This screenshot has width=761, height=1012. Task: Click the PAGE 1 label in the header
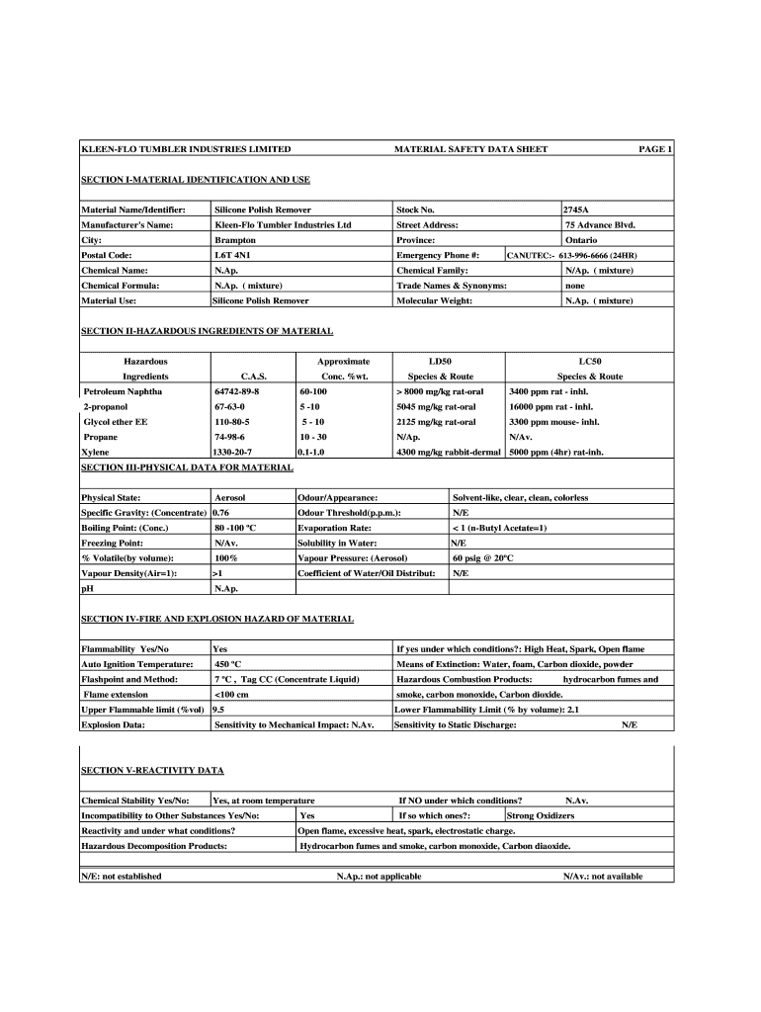pos(655,149)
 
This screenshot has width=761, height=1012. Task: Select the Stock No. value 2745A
pos(576,211)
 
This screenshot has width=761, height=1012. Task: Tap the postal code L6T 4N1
pos(232,255)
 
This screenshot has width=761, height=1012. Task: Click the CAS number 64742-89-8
pos(236,391)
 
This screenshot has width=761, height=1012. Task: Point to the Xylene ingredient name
pos(97,452)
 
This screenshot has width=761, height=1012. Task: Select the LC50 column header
pos(589,362)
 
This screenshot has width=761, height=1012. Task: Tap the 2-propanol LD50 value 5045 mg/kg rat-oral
pos(436,406)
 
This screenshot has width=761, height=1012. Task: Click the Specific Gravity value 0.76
pos(221,513)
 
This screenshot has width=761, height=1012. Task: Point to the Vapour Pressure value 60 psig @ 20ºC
pos(483,557)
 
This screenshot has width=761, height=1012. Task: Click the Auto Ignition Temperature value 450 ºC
pos(228,664)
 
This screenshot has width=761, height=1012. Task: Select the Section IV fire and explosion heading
pos(216,619)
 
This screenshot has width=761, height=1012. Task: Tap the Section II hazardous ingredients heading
pos(207,331)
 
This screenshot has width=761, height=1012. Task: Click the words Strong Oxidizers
pos(541,815)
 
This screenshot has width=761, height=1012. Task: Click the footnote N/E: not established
pos(122,876)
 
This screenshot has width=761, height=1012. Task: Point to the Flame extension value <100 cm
pos(232,694)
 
